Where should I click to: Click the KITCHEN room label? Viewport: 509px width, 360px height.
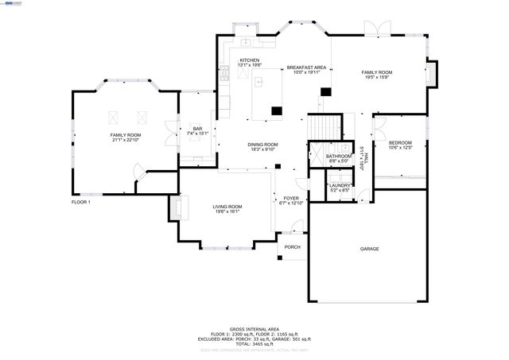click(250, 60)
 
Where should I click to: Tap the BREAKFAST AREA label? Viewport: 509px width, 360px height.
click(306, 68)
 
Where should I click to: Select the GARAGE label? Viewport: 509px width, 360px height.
click(369, 249)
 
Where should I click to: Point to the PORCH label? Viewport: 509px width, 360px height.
click(293, 247)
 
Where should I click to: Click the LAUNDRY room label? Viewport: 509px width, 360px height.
click(340, 185)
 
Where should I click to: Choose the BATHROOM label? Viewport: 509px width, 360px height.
click(339, 157)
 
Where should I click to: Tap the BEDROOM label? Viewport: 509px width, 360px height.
click(400, 142)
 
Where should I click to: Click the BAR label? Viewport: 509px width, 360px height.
click(197, 129)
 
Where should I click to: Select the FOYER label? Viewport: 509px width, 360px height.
click(291, 199)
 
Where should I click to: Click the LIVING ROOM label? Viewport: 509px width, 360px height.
click(227, 207)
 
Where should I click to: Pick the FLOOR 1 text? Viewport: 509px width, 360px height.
click(80, 202)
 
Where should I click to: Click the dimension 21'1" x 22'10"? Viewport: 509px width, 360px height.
click(126, 141)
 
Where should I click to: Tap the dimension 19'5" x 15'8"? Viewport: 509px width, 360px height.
click(379, 77)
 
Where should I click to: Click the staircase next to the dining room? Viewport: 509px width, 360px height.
click(323, 127)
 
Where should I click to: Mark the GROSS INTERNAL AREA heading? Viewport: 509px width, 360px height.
click(254, 328)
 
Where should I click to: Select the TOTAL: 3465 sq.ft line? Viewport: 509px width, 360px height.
click(254, 343)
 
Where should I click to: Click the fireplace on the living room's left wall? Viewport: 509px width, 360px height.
click(173, 208)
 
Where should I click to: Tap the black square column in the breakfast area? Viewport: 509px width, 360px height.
click(324, 92)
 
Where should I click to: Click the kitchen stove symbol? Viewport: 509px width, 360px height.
click(225, 74)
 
